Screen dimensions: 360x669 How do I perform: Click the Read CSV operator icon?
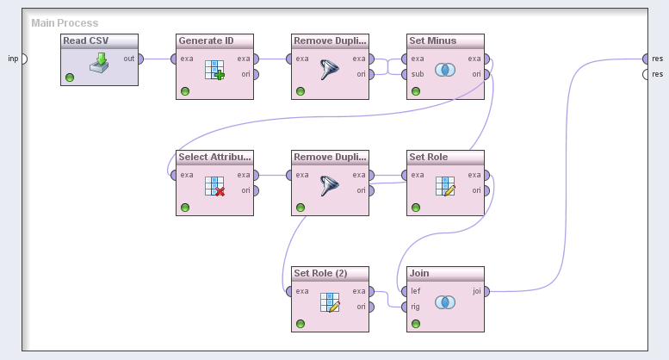point(99,63)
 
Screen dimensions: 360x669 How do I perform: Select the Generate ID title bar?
point(214,40)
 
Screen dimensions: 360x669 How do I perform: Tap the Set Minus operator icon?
point(445,70)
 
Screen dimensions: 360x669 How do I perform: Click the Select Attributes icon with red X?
point(214,186)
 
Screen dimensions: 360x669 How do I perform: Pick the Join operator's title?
point(445,273)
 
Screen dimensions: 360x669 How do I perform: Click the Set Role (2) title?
point(330,273)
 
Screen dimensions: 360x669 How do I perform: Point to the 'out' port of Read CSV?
point(141,59)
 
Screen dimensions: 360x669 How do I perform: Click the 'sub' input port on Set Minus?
point(405,74)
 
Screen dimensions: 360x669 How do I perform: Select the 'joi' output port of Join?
point(486,291)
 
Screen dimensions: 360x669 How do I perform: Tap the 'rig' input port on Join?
point(405,306)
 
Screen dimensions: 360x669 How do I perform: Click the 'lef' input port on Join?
point(405,291)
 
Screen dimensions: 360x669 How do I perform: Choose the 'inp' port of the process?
point(23,59)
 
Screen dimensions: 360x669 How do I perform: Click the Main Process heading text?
point(65,23)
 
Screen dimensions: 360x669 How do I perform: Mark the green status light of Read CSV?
point(69,78)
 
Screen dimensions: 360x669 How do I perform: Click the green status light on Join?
point(415,324)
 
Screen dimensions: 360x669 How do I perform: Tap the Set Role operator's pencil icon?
point(445,186)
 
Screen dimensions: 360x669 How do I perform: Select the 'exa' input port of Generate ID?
point(174,59)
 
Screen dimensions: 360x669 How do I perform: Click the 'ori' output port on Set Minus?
point(486,74)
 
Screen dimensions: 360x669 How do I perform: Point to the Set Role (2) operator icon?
point(330,302)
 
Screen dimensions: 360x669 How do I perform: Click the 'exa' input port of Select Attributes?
point(174,176)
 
